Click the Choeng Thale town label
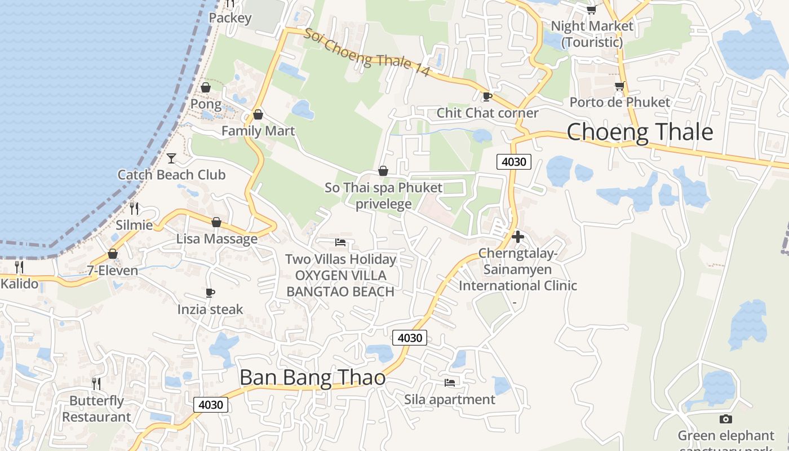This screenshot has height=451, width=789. pyautogui.click(x=640, y=132)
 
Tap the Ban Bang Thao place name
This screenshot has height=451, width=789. pyautogui.click(x=312, y=377)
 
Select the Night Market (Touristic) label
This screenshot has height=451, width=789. pyautogui.click(x=592, y=34)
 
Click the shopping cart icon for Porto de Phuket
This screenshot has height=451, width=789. pyautogui.click(x=619, y=86)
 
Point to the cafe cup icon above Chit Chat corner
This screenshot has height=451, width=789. pyautogui.click(x=487, y=96)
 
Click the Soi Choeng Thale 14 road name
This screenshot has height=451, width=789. pyautogui.click(x=367, y=52)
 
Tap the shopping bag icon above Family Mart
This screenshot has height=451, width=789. pyautogui.click(x=258, y=114)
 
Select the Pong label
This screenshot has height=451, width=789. pyautogui.click(x=206, y=104)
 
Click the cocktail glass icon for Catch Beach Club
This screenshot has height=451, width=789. pyautogui.click(x=171, y=158)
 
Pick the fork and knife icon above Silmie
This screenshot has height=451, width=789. pyautogui.click(x=134, y=208)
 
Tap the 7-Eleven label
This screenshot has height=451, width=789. pyautogui.click(x=113, y=271)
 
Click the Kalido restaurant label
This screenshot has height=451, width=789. pyautogui.click(x=20, y=284)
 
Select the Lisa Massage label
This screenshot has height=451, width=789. pyautogui.click(x=217, y=238)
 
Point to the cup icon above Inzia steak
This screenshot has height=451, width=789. pyautogui.click(x=210, y=293)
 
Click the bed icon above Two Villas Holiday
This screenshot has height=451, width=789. pyautogui.click(x=340, y=242)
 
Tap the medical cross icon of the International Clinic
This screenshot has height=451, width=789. pyautogui.click(x=518, y=237)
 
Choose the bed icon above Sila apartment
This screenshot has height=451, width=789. pyautogui.click(x=450, y=382)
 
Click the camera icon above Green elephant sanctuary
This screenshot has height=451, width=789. pyautogui.click(x=726, y=419)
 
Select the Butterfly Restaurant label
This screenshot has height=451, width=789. pyautogui.click(x=96, y=409)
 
